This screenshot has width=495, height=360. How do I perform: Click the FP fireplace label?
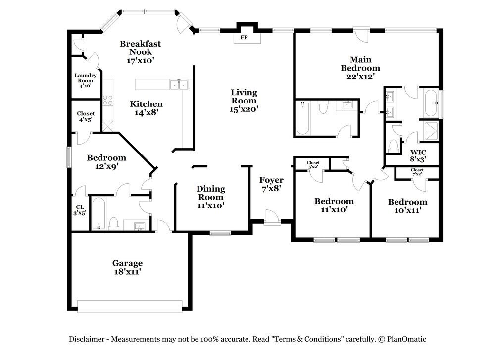coord(244,37)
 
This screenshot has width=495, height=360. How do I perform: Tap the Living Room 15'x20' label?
coord(244,101)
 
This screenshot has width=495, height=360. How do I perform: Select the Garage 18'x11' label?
coord(128,267)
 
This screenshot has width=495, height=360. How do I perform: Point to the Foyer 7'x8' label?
coord(271,184)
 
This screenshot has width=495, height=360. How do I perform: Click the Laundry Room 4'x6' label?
coord(85,81)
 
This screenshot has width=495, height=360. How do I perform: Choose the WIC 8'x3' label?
coord(418,156)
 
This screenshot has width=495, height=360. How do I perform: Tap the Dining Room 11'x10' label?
coord(210,197)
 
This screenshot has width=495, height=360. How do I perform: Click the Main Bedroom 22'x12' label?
coord(360,68)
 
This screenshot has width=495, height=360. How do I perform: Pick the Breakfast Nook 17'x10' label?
coord(140,52)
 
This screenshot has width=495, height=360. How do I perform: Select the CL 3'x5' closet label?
coord(80,210)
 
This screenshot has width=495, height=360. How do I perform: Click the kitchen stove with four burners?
coord(107,100)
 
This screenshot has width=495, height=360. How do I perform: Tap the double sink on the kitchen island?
coord(179,84)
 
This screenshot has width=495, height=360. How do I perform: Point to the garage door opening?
coord(130,307)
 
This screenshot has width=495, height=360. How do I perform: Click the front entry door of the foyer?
coord(272,218)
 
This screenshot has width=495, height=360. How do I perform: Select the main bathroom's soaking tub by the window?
coord(431,103)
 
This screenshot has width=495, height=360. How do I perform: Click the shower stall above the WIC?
coord(431,131)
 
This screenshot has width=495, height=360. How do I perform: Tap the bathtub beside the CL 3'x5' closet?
coord(99,214)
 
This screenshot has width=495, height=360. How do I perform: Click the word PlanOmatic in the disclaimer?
coord(406,339)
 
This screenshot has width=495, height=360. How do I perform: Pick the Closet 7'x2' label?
coord(417,172)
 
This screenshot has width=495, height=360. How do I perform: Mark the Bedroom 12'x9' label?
coord(106,162)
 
